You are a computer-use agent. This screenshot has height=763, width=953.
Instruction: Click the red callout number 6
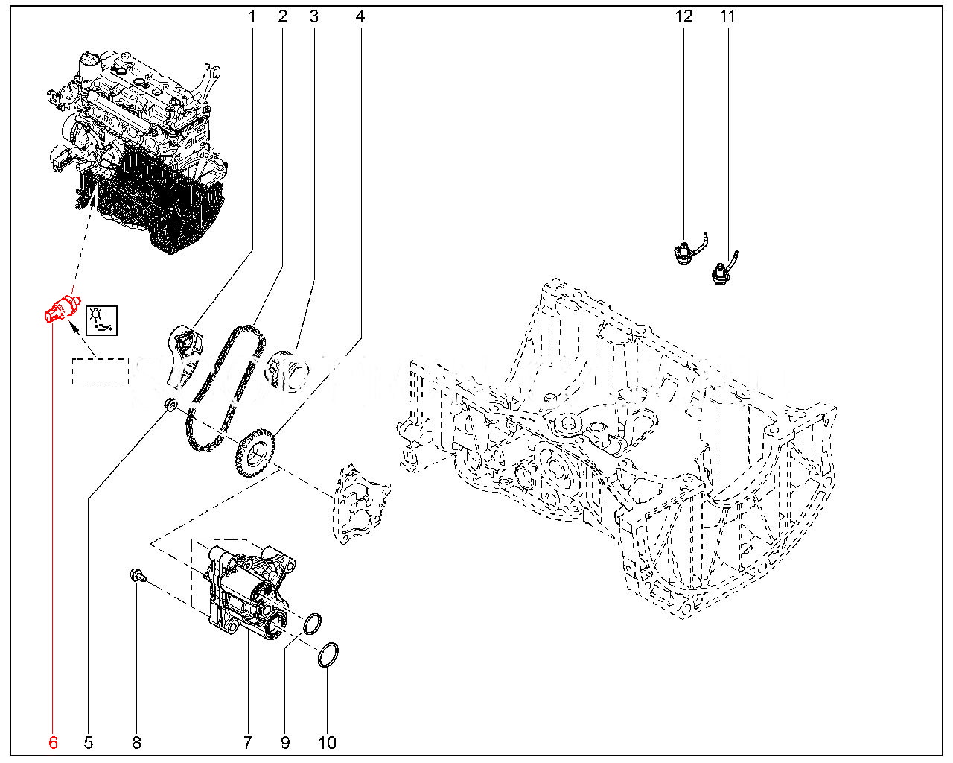[x=53, y=742]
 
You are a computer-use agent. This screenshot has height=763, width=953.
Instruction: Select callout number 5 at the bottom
[x=88, y=742]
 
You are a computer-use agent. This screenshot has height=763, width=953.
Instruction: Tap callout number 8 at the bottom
[x=136, y=742]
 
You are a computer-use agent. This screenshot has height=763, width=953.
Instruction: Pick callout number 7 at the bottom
[x=247, y=742]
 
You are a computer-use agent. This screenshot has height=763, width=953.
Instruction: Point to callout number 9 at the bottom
[x=285, y=742]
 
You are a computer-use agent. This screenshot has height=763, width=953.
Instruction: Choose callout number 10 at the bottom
[x=327, y=742]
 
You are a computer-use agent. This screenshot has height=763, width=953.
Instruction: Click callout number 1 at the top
[x=252, y=16]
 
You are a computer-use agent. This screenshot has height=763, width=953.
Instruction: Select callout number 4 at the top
[x=360, y=16]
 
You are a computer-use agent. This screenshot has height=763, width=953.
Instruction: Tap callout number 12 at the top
[x=683, y=16]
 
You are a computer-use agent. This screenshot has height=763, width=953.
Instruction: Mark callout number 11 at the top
[x=727, y=16]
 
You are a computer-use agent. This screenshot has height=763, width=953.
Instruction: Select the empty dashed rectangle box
[x=101, y=371]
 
